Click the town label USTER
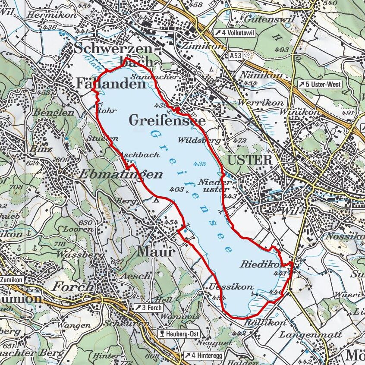[250, 160]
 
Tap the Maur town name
[156, 252]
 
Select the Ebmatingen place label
[121, 174]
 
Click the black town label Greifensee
[167, 121]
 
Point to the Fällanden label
[111, 83]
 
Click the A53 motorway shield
[236, 56]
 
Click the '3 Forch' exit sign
[148, 308]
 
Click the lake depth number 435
[200, 164]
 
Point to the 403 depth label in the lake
[177, 189]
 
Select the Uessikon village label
[231, 287]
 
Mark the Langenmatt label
[310, 334]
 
